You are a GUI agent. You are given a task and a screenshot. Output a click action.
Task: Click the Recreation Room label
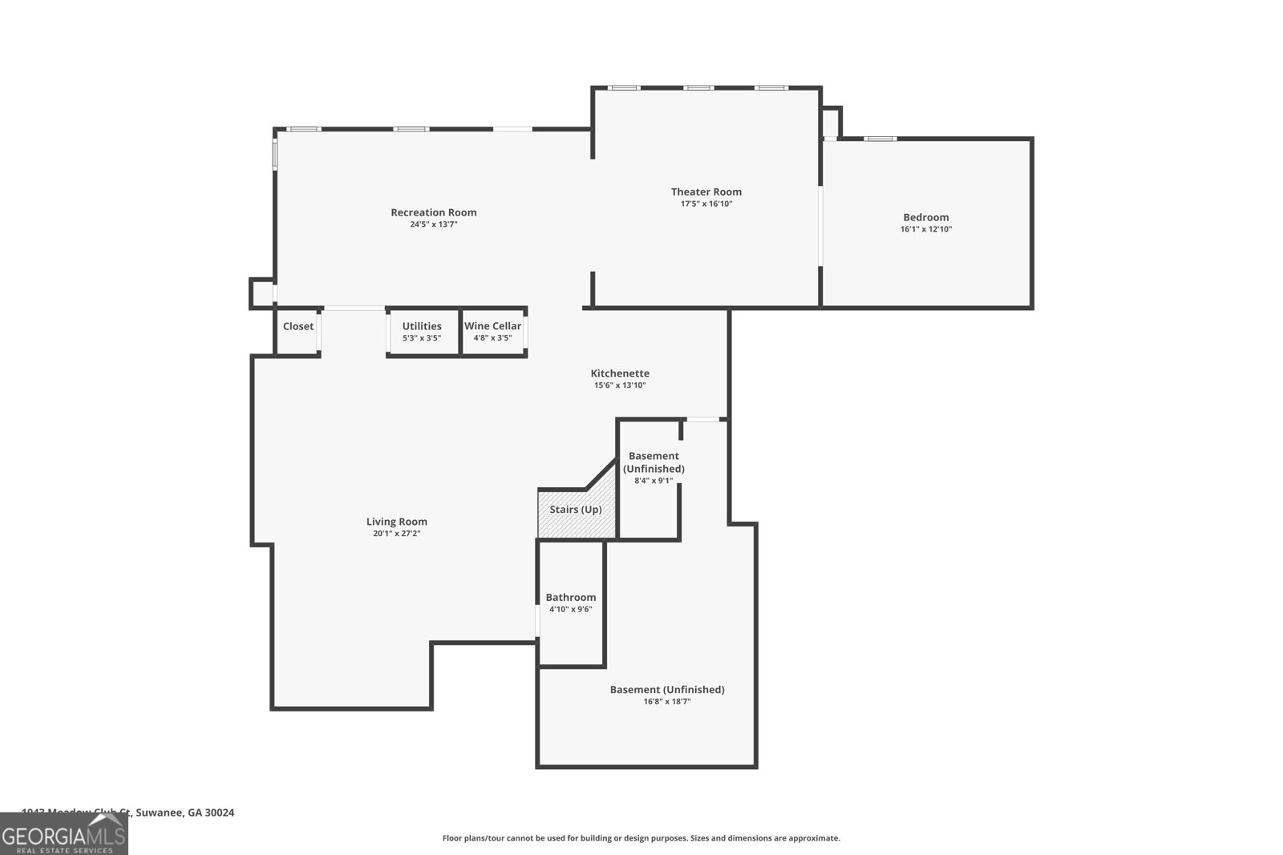(x=433, y=212)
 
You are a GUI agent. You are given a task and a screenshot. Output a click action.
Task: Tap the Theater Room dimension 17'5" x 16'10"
(x=706, y=204)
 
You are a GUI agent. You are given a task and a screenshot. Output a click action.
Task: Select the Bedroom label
(x=925, y=217)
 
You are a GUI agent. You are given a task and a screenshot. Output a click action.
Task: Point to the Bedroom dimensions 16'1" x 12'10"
(x=925, y=229)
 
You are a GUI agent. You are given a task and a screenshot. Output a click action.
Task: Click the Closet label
(x=298, y=326)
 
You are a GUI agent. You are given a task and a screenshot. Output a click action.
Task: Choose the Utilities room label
(x=422, y=326)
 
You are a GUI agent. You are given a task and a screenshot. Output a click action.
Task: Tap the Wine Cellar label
(x=492, y=326)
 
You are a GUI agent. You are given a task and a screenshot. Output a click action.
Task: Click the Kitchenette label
(x=620, y=373)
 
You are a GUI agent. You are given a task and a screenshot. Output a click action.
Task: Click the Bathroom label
(x=570, y=597)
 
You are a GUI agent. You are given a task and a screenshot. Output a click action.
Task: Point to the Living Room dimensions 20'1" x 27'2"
(x=396, y=534)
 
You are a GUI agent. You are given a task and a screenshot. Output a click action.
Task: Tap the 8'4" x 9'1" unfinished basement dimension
(x=654, y=481)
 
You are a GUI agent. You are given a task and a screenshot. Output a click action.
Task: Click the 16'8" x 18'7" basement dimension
(x=666, y=702)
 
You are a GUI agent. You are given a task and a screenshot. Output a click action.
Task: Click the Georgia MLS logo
(x=63, y=834)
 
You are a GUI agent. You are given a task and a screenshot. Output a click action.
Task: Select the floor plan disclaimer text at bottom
(x=641, y=838)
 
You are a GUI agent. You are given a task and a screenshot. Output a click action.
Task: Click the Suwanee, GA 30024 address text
(x=185, y=813)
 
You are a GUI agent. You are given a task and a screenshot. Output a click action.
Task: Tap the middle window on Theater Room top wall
(x=698, y=88)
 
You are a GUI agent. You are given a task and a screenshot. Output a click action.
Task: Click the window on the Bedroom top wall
(x=880, y=139)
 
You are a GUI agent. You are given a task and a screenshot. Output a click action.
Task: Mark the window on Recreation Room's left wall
(x=275, y=153)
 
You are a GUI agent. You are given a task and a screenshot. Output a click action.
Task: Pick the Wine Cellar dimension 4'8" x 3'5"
(x=492, y=338)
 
